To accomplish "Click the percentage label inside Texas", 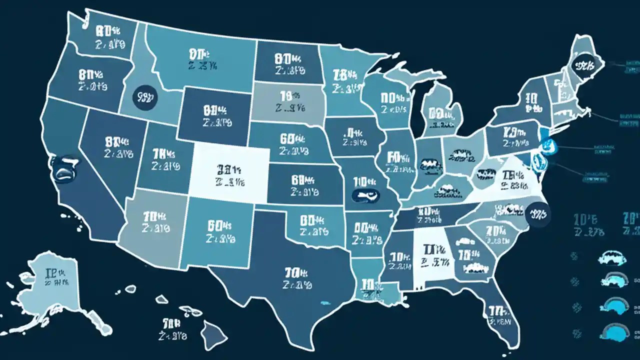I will [297, 278].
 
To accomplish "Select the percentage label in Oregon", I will [92, 80].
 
